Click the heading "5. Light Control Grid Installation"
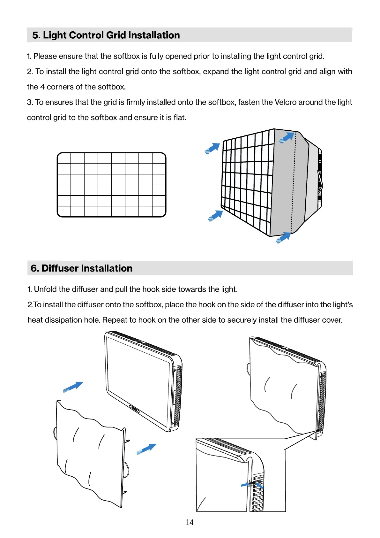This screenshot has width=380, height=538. pos(106,35)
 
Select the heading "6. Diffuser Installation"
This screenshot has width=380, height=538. pos(81,268)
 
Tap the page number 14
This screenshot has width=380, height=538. pos(190,522)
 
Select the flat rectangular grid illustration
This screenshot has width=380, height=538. pos(112,185)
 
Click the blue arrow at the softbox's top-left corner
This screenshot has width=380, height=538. pos(212,148)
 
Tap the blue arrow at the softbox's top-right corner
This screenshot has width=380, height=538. pos(287,138)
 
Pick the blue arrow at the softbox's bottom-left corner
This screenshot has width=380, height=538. pos(215,216)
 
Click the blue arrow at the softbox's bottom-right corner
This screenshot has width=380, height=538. pos(283,238)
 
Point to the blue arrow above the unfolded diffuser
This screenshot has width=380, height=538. pos(73,387)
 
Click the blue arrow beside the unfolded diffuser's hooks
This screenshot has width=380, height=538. pos(146,448)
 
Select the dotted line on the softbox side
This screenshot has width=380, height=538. pos(294,182)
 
